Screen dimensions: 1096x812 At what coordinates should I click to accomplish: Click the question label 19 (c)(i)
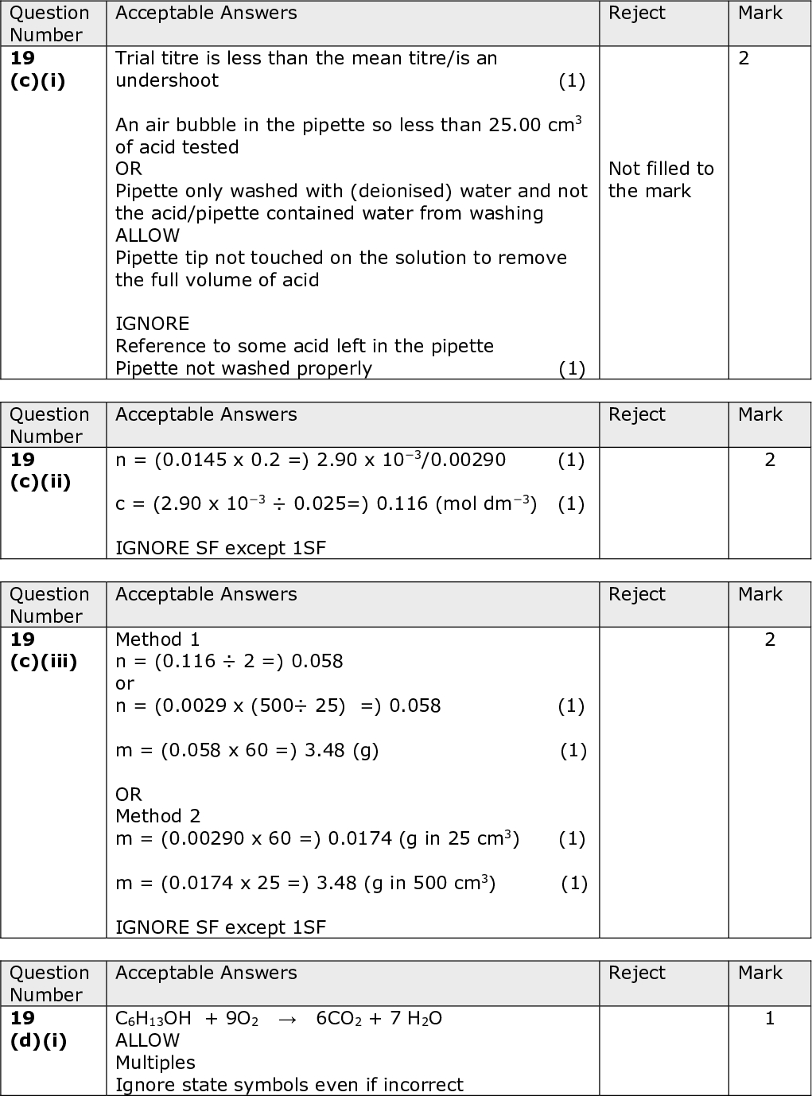[x=37, y=69]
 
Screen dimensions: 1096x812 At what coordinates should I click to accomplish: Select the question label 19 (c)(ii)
[x=40, y=471]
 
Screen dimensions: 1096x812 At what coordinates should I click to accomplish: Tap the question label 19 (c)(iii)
[x=43, y=651]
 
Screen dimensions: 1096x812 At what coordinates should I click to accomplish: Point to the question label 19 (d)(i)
[x=39, y=1029]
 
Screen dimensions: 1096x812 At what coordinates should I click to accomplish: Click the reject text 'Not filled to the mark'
[x=661, y=180]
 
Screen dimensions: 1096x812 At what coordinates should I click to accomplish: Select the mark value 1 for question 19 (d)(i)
[x=769, y=1018]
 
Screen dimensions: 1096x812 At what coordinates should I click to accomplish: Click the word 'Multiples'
[x=155, y=1063]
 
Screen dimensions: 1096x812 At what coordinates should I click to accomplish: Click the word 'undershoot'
[x=166, y=80]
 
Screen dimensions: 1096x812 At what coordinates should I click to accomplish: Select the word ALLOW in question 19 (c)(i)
[x=147, y=235]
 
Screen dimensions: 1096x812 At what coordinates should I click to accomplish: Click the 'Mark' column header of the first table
[x=760, y=14]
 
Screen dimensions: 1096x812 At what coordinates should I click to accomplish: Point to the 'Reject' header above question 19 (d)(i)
[x=636, y=973]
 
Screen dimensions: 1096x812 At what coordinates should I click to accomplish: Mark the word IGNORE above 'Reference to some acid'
[x=152, y=324]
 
